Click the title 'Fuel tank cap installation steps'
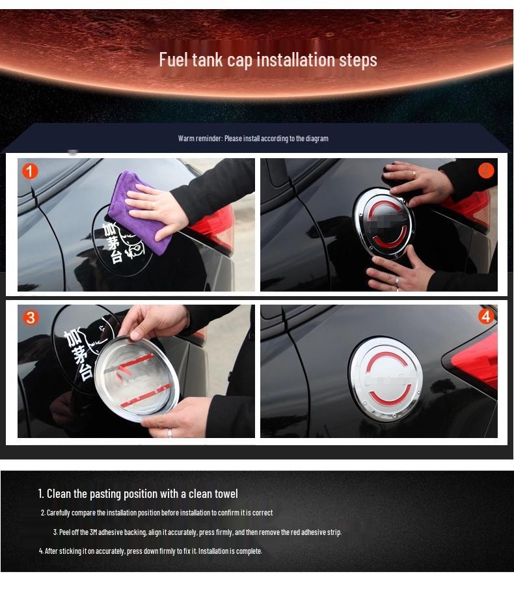(x=267, y=60)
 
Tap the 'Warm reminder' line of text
(x=253, y=139)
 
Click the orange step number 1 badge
(x=30, y=171)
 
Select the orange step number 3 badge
(x=31, y=318)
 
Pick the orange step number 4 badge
(x=485, y=316)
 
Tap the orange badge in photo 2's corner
(x=485, y=171)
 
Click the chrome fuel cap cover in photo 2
(x=383, y=221)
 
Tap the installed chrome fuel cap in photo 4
(x=385, y=378)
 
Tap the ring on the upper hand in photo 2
(x=413, y=174)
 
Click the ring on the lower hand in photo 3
(x=170, y=432)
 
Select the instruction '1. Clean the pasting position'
(x=138, y=494)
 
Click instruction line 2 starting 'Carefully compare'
(x=157, y=513)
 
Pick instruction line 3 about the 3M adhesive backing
(x=197, y=532)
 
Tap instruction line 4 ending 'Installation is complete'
(x=150, y=551)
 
